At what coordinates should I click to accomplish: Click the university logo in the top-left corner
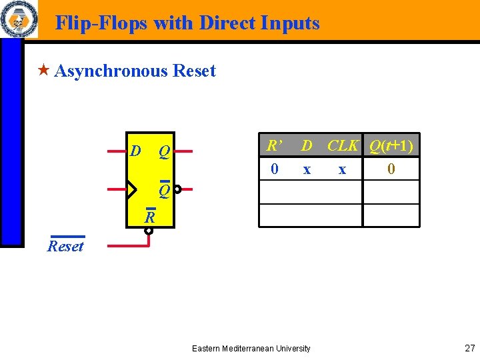(19, 19)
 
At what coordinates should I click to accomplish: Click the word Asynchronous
(111, 71)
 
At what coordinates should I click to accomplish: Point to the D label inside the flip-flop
(135, 151)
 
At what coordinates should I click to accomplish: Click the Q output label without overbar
(163, 153)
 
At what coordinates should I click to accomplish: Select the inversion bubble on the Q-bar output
(177, 189)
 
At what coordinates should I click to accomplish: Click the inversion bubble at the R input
(149, 231)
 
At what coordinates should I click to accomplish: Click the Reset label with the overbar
(66, 246)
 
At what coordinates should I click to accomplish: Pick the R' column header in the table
(273, 145)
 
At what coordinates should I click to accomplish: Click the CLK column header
(343, 145)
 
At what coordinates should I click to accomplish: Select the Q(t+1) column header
(391, 145)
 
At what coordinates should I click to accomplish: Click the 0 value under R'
(275, 169)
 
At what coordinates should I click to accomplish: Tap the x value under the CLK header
(342, 169)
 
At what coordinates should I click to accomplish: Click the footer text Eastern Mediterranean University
(251, 348)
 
